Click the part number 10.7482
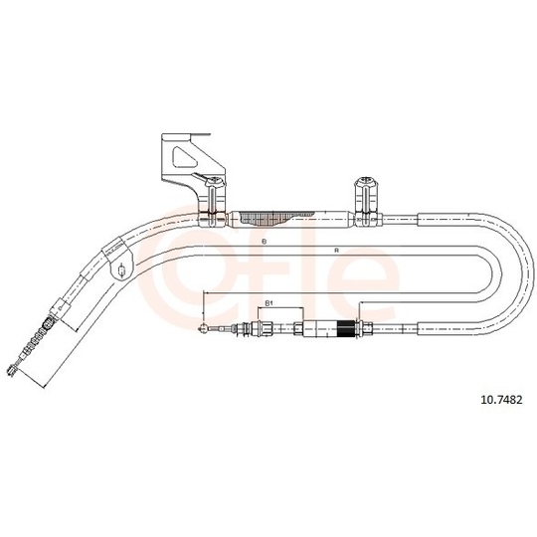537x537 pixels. pos(502,400)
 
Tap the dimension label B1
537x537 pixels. pos(268,303)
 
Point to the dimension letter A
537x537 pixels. pos(337,251)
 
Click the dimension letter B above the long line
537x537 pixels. pos(264,242)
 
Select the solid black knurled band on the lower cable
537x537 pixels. pos(345,329)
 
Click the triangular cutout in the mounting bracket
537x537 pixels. pos(184,157)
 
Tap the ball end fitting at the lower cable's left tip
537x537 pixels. pos(203,329)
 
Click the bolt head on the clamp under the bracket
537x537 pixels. pos(216,180)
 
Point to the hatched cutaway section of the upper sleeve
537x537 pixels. pos(270,218)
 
